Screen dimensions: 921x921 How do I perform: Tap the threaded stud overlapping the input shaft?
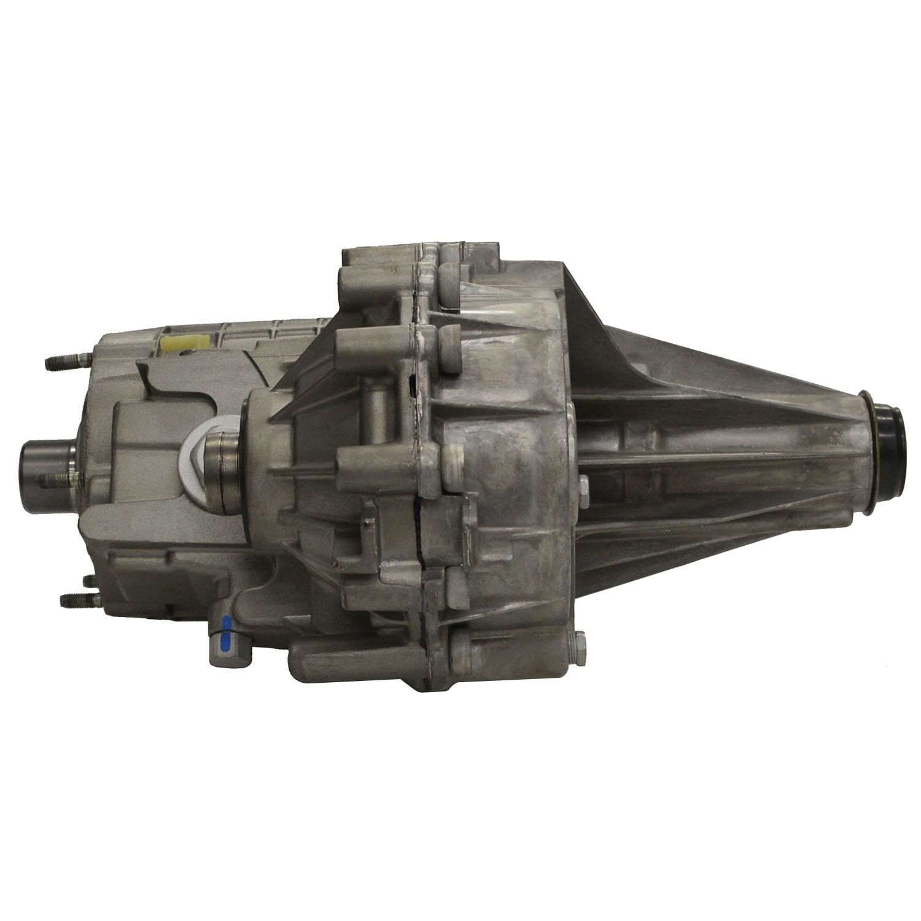pos(58,478)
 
